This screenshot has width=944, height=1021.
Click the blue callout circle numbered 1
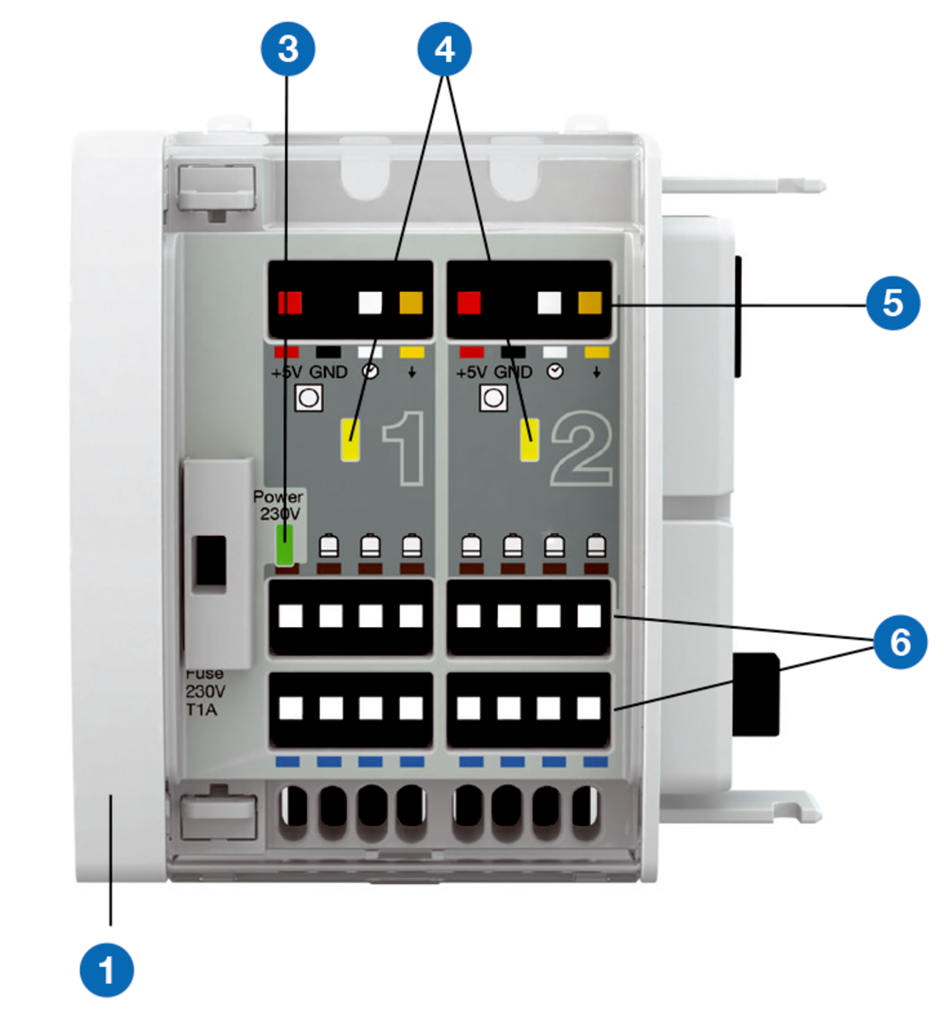106,969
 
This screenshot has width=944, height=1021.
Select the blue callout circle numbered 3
287,49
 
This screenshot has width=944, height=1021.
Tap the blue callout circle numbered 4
445,49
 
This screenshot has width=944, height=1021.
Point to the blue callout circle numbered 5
892,303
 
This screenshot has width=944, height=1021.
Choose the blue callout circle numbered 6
900,642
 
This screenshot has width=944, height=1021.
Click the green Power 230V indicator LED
284,545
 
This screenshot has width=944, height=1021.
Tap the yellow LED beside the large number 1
350,440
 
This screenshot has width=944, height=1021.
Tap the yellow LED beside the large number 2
530,440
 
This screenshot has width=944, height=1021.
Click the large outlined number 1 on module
404,448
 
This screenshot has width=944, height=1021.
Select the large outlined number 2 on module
582,448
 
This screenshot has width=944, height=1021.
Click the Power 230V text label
278,505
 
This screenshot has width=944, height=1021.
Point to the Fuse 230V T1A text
203,691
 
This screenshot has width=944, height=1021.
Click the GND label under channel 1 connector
327,373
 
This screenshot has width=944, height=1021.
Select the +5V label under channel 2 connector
472,373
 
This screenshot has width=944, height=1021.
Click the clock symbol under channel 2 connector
554,373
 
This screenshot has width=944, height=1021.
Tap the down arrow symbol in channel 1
412,373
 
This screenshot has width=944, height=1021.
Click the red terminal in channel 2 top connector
469,303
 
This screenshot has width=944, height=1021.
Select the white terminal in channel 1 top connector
371,303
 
